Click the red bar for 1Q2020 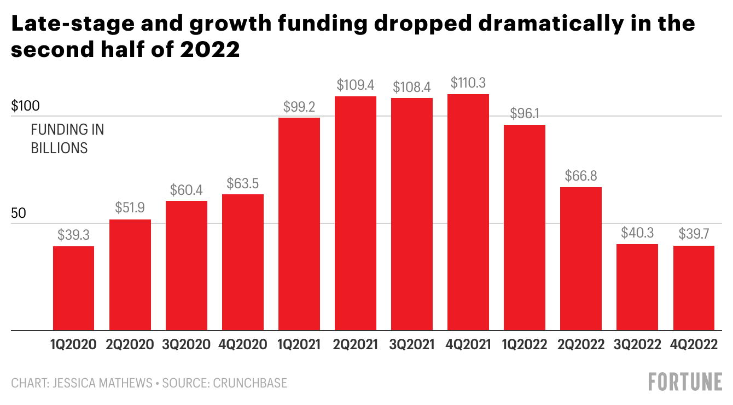pyautogui.click(x=74, y=288)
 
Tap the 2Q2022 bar pyautogui.click(x=581, y=259)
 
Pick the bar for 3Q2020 pyautogui.click(x=187, y=265)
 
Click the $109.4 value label pyautogui.click(x=356, y=85)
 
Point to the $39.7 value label pyautogui.click(x=694, y=234)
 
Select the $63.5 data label pyautogui.click(x=243, y=183)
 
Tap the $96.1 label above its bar pyautogui.click(x=525, y=114)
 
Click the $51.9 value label pyautogui.click(x=130, y=208)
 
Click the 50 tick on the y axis pyautogui.click(x=19, y=213)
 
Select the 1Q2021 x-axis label pyautogui.click(x=299, y=345)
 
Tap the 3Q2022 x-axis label pyautogui.click(x=637, y=345)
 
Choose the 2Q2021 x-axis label pyautogui.click(x=356, y=345)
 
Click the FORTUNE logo pyautogui.click(x=685, y=382)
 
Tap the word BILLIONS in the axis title pyautogui.click(x=59, y=148)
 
